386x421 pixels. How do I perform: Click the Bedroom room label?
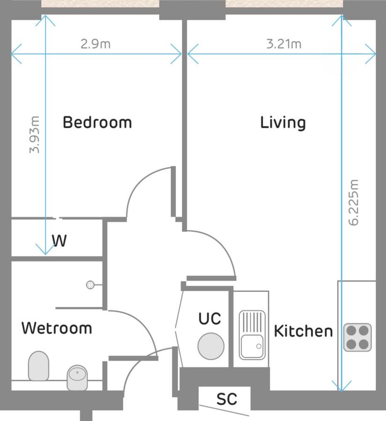pyautogui.click(x=97, y=123)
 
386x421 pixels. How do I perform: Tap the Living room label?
pyautogui.click(x=283, y=123)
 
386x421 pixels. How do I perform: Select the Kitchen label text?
pyautogui.click(x=303, y=331)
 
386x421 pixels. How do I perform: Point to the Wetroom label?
pyautogui.click(x=57, y=328)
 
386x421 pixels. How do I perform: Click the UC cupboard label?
pyautogui.click(x=209, y=319)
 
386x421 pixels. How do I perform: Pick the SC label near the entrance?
pyautogui.click(x=226, y=399)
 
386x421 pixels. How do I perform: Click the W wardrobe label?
pyautogui.click(x=59, y=241)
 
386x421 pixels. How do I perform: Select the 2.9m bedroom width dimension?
pyautogui.click(x=95, y=44)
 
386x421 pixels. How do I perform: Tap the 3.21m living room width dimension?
pyautogui.click(x=284, y=44)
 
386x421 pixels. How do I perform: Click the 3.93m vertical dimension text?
pyautogui.click(x=34, y=135)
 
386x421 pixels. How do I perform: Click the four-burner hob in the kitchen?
pyautogui.click(x=357, y=337)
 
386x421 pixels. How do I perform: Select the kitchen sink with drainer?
pyautogui.click(x=252, y=334)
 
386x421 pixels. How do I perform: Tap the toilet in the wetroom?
pyautogui.click(x=38, y=365)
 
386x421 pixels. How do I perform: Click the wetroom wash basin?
pyautogui.click(x=76, y=377)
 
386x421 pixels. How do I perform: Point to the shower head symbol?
pyautogui.click(x=90, y=284)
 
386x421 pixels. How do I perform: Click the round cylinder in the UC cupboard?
pyautogui.click(x=211, y=346)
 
